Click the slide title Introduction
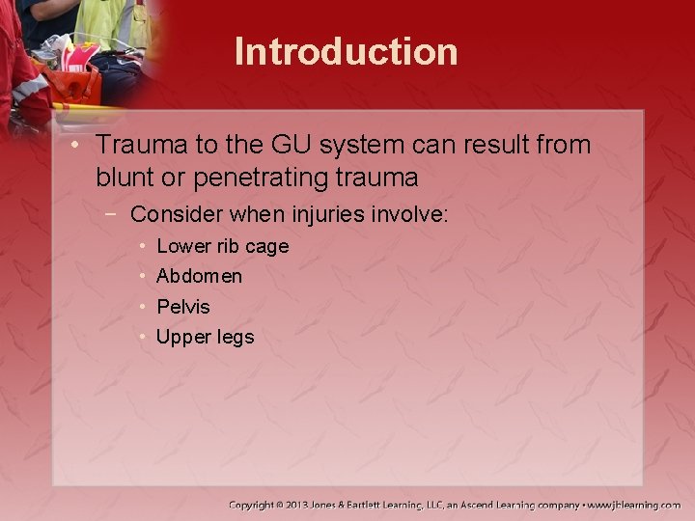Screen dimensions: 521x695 pyautogui.click(x=347, y=51)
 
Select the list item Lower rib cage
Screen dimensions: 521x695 pyautogui.click(x=222, y=246)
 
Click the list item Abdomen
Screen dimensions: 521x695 pyautogui.click(x=199, y=276)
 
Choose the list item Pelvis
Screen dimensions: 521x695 pyautogui.click(x=182, y=307)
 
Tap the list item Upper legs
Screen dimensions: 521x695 pyautogui.click(x=205, y=337)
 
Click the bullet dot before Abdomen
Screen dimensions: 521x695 pyautogui.click(x=142, y=276)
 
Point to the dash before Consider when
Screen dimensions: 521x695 pyautogui.click(x=115, y=213)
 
